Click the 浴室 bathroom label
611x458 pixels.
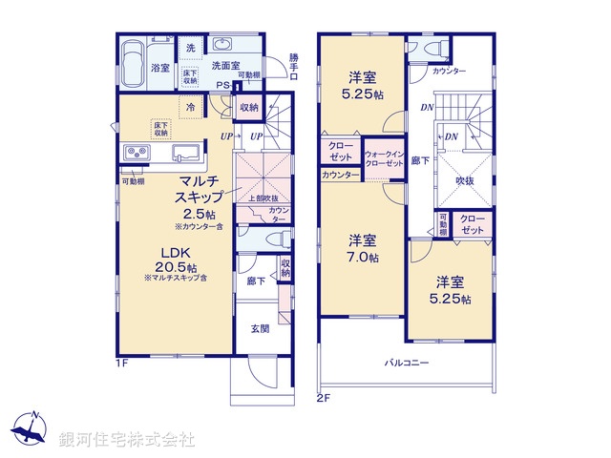click(x=159, y=68)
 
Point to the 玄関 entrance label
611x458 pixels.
click(x=259, y=328)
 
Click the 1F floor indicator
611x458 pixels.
click(x=122, y=364)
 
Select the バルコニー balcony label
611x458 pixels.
click(x=407, y=363)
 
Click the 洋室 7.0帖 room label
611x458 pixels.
click(x=362, y=247)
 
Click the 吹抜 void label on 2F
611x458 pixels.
click(x=465, y=179)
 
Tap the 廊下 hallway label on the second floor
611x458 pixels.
click(x=420, y=161)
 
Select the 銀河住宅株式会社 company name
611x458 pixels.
click(x=126, y=440)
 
